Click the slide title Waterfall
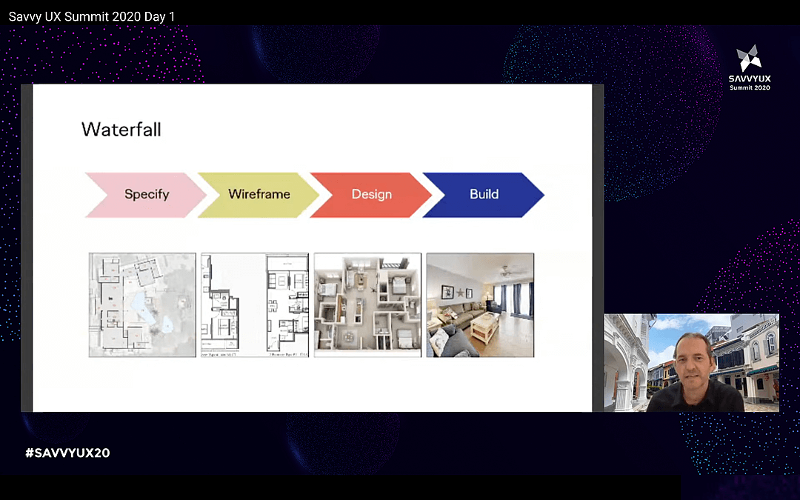pos(121,130)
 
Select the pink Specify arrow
pos(146,195)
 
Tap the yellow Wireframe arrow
pos(259,195)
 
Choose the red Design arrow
pos(371,195)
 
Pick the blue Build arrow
pos(484,195)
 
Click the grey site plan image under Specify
pos(142,305)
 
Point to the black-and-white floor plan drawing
pos(255,305)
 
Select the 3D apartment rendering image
pos(367,305)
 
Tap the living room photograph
pos(480,305)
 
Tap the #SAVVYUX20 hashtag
pos(67,453)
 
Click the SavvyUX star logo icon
pos(749,58)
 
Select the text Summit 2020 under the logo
pos(750,87)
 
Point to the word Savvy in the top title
pos(25,16)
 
